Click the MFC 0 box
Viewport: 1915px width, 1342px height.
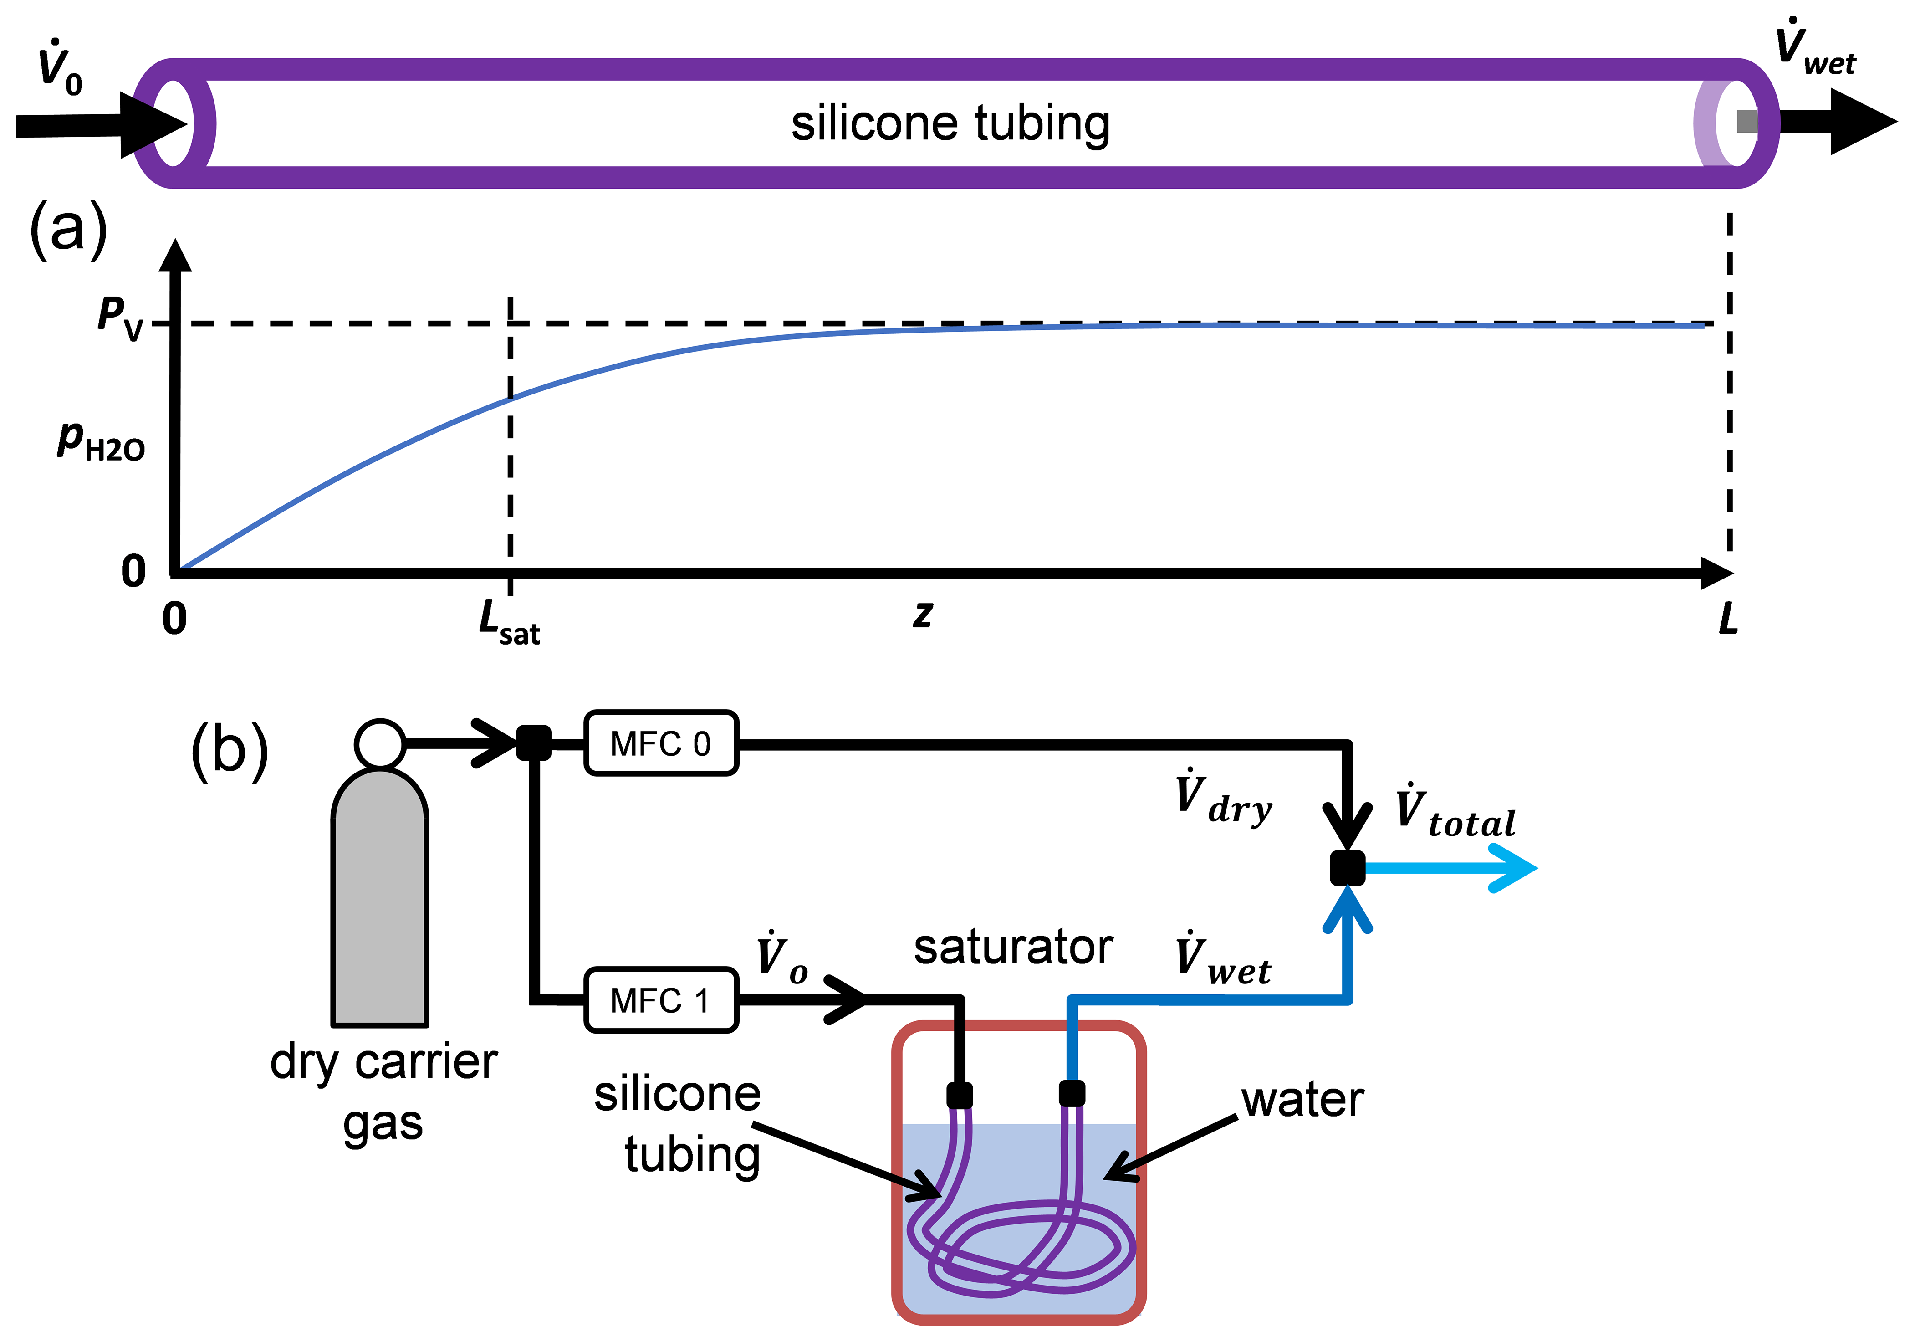point(661,743)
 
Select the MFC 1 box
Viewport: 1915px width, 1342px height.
point(661,1000)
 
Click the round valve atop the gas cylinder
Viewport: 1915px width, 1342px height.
point(379,743)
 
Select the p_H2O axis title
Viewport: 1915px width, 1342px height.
point(100,441)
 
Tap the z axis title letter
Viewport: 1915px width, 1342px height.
point(922,615)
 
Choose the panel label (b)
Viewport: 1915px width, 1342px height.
point(230,751)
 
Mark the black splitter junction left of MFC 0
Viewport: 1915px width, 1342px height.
point(534,743)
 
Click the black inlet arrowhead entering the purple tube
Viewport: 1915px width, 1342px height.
point(154,126)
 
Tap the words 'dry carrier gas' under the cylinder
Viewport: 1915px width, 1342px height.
point(383,1093)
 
